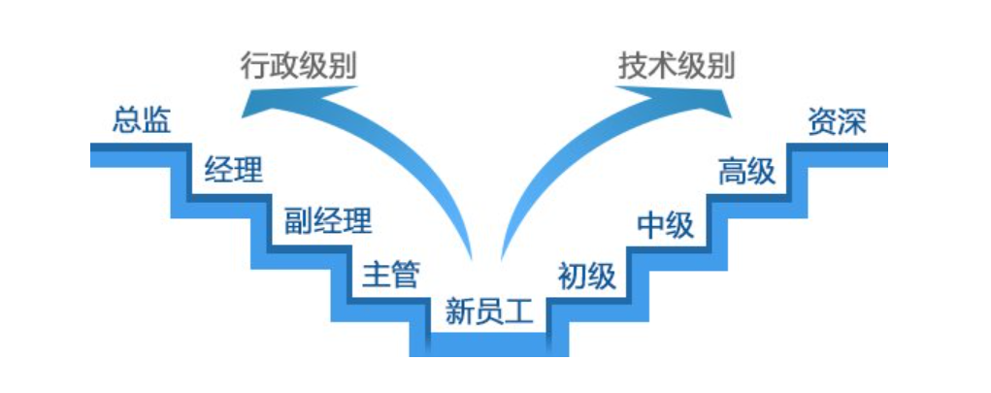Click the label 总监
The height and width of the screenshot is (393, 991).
(142, 121)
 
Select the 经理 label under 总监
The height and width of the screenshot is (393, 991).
(233, 171)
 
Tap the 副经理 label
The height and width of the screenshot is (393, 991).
(327, 221)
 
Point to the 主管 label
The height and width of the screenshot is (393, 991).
(390, 275)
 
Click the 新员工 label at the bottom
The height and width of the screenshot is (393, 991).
(490, 312)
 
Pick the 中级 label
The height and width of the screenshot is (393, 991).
(666, 225)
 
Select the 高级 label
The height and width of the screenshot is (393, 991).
(746, 173)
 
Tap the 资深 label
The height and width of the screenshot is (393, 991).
(837, 123)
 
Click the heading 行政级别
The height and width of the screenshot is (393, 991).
(298, 67)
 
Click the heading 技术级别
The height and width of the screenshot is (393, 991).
(677, 67)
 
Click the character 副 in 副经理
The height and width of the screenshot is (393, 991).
(296, 221)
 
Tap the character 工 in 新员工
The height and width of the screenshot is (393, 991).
(521, 312)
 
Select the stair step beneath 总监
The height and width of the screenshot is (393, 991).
(136, 153)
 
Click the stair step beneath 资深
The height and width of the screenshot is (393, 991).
(837, 153)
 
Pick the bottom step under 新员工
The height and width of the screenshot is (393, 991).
(490, 344)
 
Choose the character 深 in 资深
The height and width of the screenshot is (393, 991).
(851, 123)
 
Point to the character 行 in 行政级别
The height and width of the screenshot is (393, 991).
(254, 67)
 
